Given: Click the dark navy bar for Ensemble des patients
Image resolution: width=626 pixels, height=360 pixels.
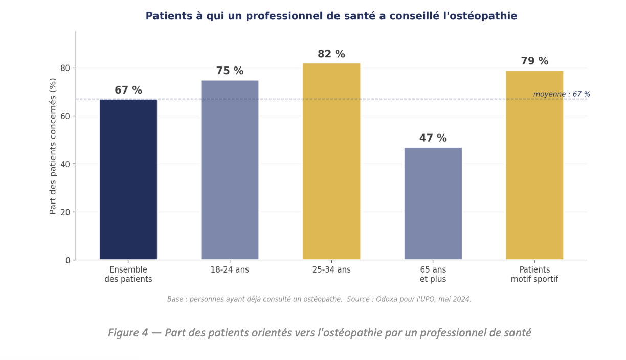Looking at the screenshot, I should coord(128,179).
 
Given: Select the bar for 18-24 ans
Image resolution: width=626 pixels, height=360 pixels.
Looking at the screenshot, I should coord(230,170).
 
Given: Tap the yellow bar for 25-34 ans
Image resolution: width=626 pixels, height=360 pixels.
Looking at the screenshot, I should coord(331,162).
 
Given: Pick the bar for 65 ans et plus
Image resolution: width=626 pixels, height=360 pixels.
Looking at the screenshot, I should coord(433,204).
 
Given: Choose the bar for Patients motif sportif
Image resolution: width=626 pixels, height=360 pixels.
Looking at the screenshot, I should coord(534,165).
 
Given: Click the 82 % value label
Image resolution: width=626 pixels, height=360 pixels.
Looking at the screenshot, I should coord(331,54).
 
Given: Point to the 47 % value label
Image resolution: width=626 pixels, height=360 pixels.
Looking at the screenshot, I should coord(433,138).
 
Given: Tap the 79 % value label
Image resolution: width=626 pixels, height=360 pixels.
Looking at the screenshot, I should coord(534,61).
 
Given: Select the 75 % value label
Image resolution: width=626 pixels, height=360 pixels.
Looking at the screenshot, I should coord(230,71).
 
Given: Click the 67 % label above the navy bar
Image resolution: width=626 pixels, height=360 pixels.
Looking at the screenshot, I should coord(128,91).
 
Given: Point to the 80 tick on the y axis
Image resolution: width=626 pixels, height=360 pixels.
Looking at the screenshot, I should coord(65,68).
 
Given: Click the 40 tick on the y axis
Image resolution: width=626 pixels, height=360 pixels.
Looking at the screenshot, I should coord(65,164).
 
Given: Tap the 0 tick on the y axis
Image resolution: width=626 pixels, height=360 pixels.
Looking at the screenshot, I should coord(68,260).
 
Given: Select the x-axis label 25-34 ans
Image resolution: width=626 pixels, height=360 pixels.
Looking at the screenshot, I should coord(331,269).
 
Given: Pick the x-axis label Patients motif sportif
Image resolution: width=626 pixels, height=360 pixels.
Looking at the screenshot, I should coord(534,274).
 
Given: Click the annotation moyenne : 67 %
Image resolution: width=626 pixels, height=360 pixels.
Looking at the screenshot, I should coord(561,94).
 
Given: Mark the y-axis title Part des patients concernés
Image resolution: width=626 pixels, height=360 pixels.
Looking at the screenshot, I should coord(53,146).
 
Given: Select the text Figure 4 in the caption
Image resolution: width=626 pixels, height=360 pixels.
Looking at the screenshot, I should coord(128,333).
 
